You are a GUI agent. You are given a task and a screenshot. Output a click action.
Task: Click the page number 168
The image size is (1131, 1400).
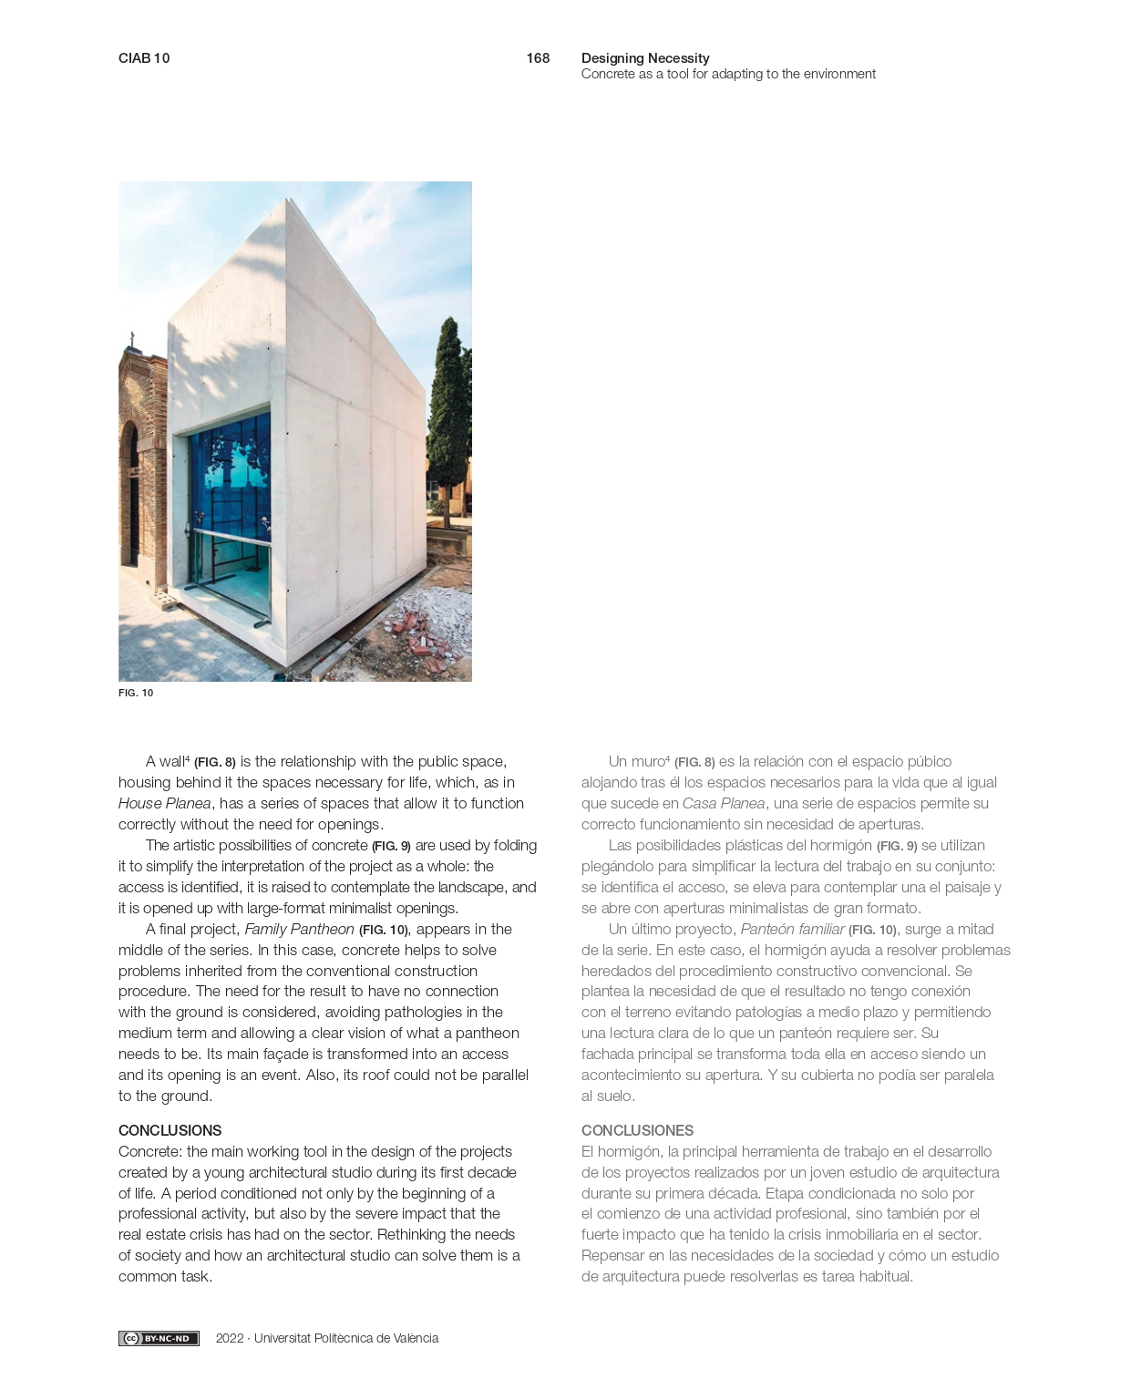click(538, 58)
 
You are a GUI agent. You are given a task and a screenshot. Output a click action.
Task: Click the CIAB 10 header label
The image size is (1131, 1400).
click(144, 58)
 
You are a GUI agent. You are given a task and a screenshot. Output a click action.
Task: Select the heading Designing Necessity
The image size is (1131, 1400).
click(645, 58)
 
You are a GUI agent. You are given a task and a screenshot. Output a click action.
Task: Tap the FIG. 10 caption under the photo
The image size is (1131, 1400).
click(136, 693)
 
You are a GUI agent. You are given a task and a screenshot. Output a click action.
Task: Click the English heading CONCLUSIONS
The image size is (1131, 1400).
click(170, 1130)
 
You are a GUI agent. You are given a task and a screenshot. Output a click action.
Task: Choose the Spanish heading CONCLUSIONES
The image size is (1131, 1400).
click(637, 1130)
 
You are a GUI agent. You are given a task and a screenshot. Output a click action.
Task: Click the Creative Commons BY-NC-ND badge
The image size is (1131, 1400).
click(159, 1338)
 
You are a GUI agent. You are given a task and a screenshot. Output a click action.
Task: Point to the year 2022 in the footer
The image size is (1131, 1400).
click(230, 1338)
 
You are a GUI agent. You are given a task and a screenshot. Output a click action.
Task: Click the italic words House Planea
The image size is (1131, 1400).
click(164, 803)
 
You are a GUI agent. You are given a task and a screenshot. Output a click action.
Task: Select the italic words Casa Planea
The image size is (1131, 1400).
click(723, 803)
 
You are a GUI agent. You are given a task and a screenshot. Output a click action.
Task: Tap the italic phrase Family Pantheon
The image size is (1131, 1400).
click(299, 929)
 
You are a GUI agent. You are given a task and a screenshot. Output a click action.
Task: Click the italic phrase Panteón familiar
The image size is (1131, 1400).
click(792, 929)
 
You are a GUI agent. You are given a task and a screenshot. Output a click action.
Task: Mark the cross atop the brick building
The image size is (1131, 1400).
click(132, 340)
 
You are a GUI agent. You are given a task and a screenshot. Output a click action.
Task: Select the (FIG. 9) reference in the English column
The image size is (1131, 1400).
click(391, 846)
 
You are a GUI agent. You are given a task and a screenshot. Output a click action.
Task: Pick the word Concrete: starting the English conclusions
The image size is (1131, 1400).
click(150, 1151)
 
